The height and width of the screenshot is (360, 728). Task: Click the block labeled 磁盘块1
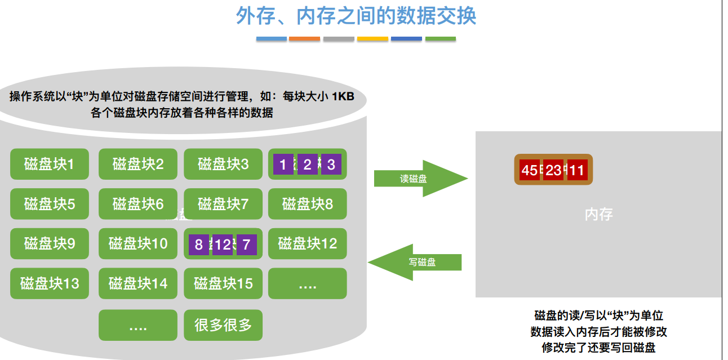tap(50, 164)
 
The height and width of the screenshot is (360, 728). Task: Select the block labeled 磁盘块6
tap(137, 203)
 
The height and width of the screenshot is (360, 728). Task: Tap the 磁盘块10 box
tap(137, 243)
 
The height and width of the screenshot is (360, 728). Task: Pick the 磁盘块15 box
tap(223, 283)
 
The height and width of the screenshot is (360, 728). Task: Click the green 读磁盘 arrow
tap(420, 179)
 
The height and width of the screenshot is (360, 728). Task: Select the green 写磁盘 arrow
tap(415, 262)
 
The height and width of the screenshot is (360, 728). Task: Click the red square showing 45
tap(530, 170)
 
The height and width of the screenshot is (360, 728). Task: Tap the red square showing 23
tap(553, 170)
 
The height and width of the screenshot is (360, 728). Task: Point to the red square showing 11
tap(576, 170)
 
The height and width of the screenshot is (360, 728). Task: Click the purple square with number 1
tap(283, 165)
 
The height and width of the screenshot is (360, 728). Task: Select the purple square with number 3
tap(331, 165)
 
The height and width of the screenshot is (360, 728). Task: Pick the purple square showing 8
tap(198, 245)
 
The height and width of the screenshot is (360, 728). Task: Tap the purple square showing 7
tap(246, 245)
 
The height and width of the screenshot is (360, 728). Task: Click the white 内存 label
tap(598, 214)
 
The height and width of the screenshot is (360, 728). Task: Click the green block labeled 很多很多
tap(223, 325)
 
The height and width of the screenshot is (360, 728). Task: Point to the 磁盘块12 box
tap(307, 243)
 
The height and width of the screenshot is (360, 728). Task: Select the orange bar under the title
tap(304, 39)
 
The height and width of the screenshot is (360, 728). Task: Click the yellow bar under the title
tap(372, 39)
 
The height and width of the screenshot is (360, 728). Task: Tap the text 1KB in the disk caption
tap(343, 96)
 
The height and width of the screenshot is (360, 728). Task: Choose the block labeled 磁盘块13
tap(50, 283)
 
